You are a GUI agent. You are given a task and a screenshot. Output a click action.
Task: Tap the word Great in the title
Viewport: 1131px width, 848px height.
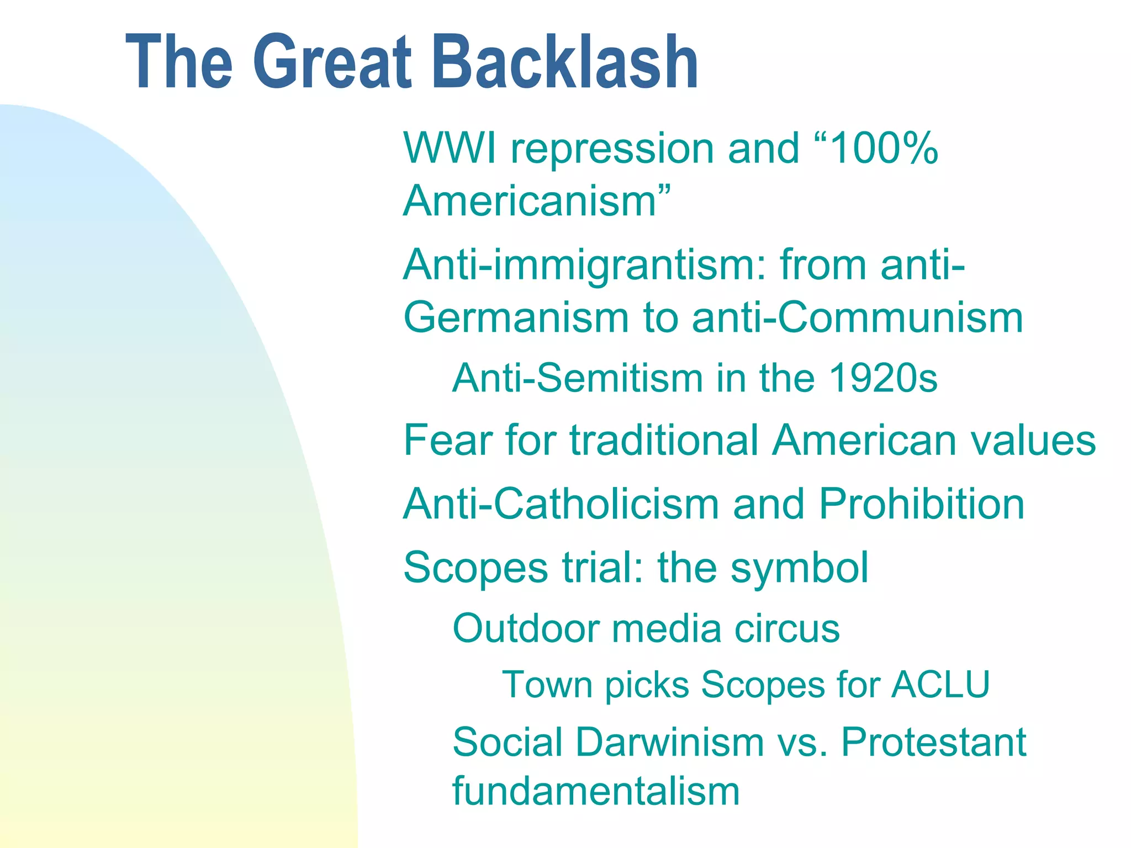(332, 62)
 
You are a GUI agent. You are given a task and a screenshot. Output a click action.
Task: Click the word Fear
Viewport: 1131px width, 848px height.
(448, 441)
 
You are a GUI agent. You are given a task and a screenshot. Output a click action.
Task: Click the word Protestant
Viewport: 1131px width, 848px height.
(933, 742)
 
